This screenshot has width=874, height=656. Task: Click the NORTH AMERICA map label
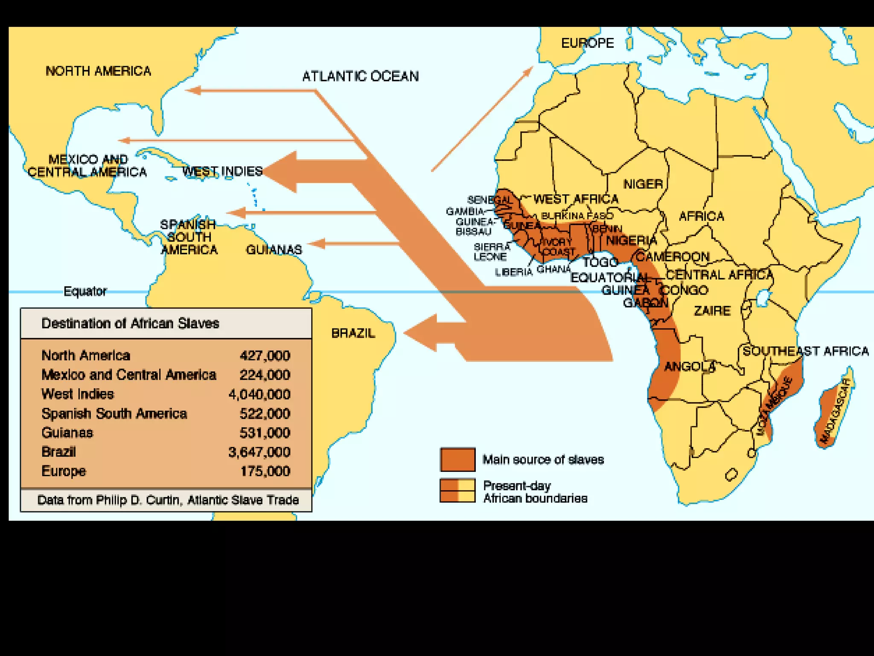tap(98, 71)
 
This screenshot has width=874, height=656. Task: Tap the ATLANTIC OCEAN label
tap(360, 76)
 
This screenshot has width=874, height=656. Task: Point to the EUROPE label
tap(587, 43)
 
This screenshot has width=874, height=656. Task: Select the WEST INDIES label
tap(222, 172)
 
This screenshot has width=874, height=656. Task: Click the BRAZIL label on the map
tap(353, 333)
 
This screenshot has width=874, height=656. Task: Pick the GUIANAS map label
tap(274, 249)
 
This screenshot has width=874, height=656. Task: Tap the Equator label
tap(85, 291)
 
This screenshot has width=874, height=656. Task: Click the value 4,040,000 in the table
tap(259, 394)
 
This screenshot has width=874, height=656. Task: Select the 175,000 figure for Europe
tap(265, 471)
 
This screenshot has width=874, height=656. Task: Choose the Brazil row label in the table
tap(58, 452)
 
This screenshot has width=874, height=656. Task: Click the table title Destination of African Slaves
tap(130, 323)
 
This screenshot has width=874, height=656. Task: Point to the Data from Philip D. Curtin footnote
tap(168, 500)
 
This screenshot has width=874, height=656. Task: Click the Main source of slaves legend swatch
tap(457, 460)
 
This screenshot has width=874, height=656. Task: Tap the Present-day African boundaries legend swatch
tap(457, 490)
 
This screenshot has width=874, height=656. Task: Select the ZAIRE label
tap(712, 310)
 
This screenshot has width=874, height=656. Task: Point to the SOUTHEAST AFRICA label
tap(806, 351)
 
